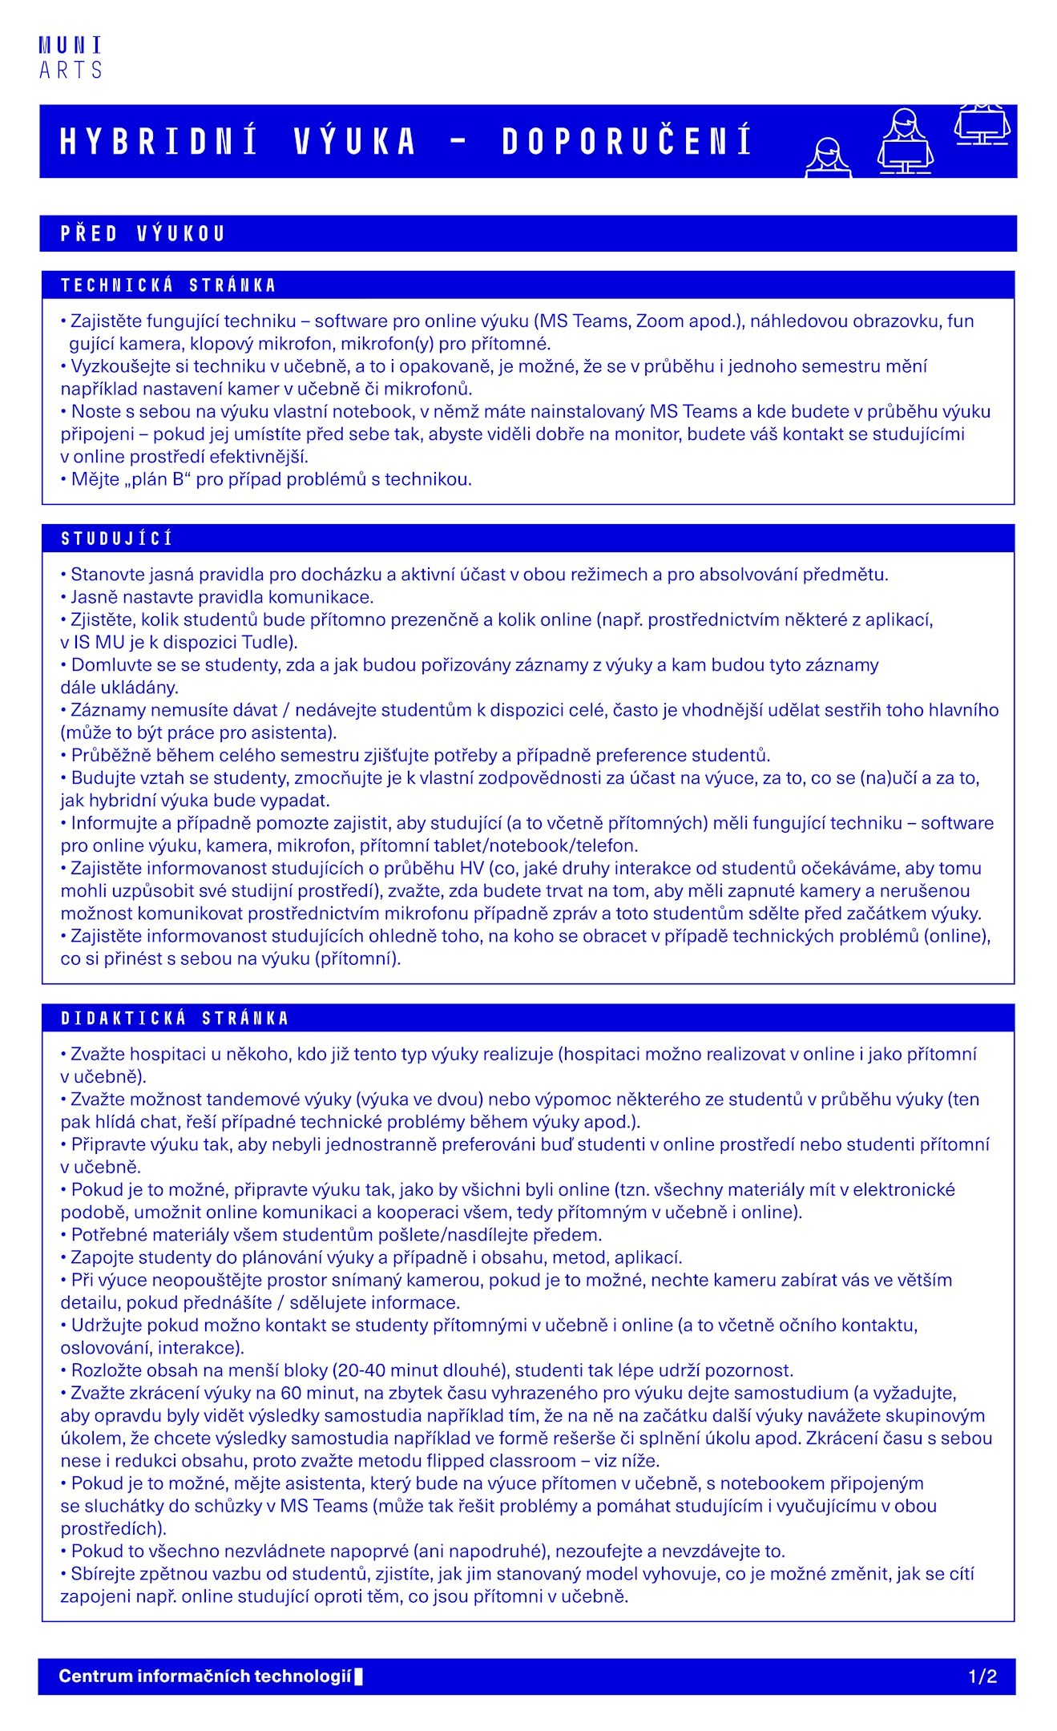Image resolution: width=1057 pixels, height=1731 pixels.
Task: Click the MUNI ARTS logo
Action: pyautogui.click(x=71, y=59)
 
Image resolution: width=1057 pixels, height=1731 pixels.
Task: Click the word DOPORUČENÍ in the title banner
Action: pyautogui.click(x=627, y=142)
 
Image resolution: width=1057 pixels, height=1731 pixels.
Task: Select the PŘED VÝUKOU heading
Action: pyautogui.click(x=143, y=234)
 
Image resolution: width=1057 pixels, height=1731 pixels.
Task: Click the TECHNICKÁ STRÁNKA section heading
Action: pyautogui.click(x=168, y=285)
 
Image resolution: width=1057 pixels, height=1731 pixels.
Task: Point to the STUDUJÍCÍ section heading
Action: pyautogui.click(x=117, y=539)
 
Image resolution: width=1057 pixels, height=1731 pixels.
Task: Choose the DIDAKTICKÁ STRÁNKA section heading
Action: pyautogui.click(x=175, y=1019)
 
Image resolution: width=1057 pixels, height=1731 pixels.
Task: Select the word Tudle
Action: pyautogui.click(x=267, y=643)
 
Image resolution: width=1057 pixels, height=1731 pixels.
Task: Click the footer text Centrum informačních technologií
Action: pyautogui.click(x=205, y=1677)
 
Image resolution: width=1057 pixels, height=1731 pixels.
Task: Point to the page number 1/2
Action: pyautogui.click(x=982, y=1677)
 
